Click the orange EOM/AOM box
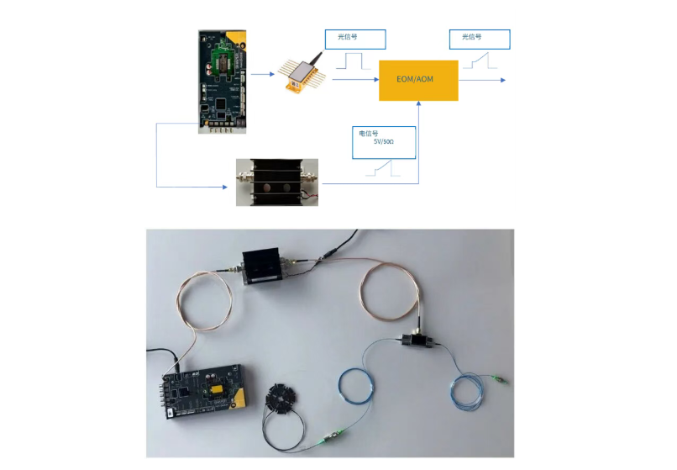(418, 81)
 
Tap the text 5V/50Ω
(383, 141)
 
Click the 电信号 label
(368, 134)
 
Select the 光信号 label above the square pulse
(347, 37)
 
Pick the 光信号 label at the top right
(471, 37)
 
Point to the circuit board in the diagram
(223, 82)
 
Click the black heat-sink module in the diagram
(276, 182)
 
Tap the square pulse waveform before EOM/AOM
(353, 61)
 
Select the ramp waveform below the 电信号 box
(383, 168)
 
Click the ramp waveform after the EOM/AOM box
(480, 61)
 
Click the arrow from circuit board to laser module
(263, 74)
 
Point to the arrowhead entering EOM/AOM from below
(418, 103)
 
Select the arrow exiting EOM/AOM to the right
(482, 80)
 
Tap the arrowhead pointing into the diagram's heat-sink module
(224, 187)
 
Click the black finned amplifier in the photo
(263, 266)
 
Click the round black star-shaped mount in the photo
(282, 397)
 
